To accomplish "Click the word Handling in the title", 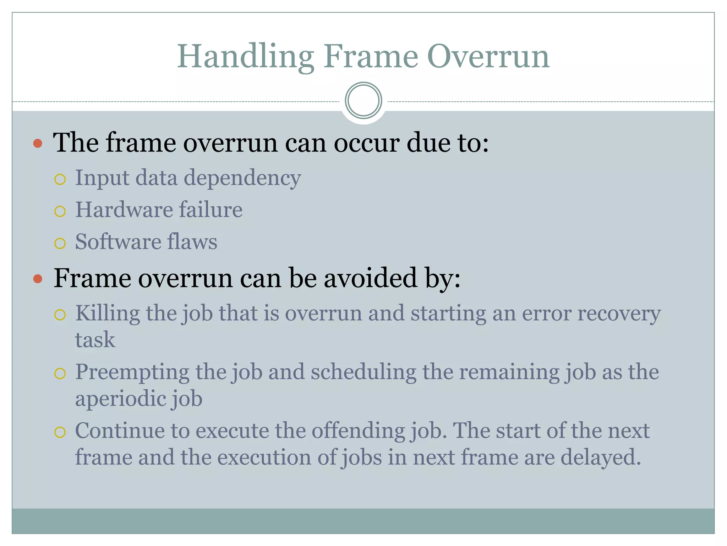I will [245, 57].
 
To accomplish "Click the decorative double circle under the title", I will [363, 101].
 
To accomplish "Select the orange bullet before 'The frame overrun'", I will [38, 144].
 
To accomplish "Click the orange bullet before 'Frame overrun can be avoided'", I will [38, 279].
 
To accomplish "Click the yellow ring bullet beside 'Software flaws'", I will [60, 243].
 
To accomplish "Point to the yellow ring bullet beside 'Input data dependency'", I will [60, 180].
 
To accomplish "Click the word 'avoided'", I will [370, 278].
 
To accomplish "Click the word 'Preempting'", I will [132, 373].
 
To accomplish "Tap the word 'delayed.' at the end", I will [601, 457].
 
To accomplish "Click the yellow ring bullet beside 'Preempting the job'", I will [60, 374].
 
